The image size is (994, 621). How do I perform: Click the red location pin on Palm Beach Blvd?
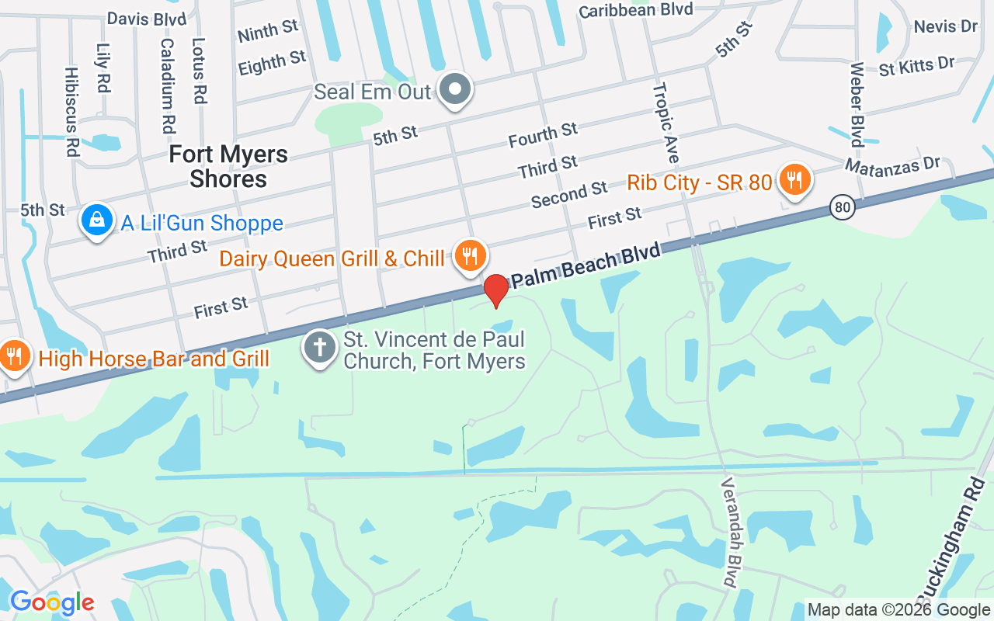click(496, 290)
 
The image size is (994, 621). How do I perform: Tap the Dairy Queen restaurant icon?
click(470, 256)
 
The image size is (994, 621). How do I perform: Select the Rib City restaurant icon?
click(794, 179)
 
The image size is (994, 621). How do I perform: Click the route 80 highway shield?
click(842, 206)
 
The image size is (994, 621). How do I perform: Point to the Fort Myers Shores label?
click(228, 166)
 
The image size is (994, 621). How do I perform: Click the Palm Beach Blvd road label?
click(586, 266)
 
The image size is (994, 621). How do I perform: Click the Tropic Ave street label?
click(666, 123)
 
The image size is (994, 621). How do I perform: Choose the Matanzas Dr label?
click(892, 165)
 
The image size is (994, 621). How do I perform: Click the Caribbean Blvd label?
click(635, 10)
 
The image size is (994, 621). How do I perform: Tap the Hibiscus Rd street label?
click(72, 112)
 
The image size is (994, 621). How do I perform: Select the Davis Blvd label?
click(147, 17)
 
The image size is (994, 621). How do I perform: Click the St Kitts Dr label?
click(916, 66)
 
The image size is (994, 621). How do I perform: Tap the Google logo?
click(52, 602)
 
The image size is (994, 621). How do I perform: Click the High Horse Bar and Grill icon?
click(14, 356)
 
